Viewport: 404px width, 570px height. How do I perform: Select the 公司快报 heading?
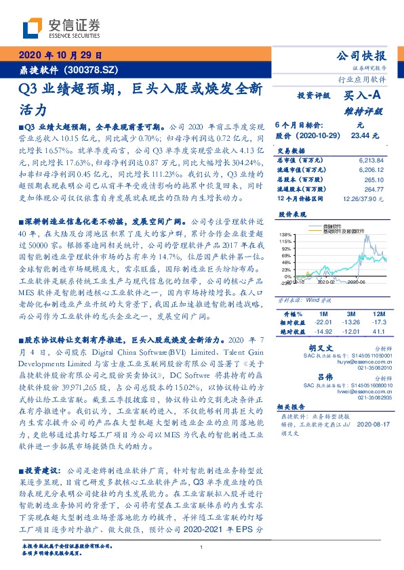(x=361, y=56)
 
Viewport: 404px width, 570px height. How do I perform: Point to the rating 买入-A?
(x=364, y=96)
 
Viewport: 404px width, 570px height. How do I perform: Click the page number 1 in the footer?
(x=202, y=547)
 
